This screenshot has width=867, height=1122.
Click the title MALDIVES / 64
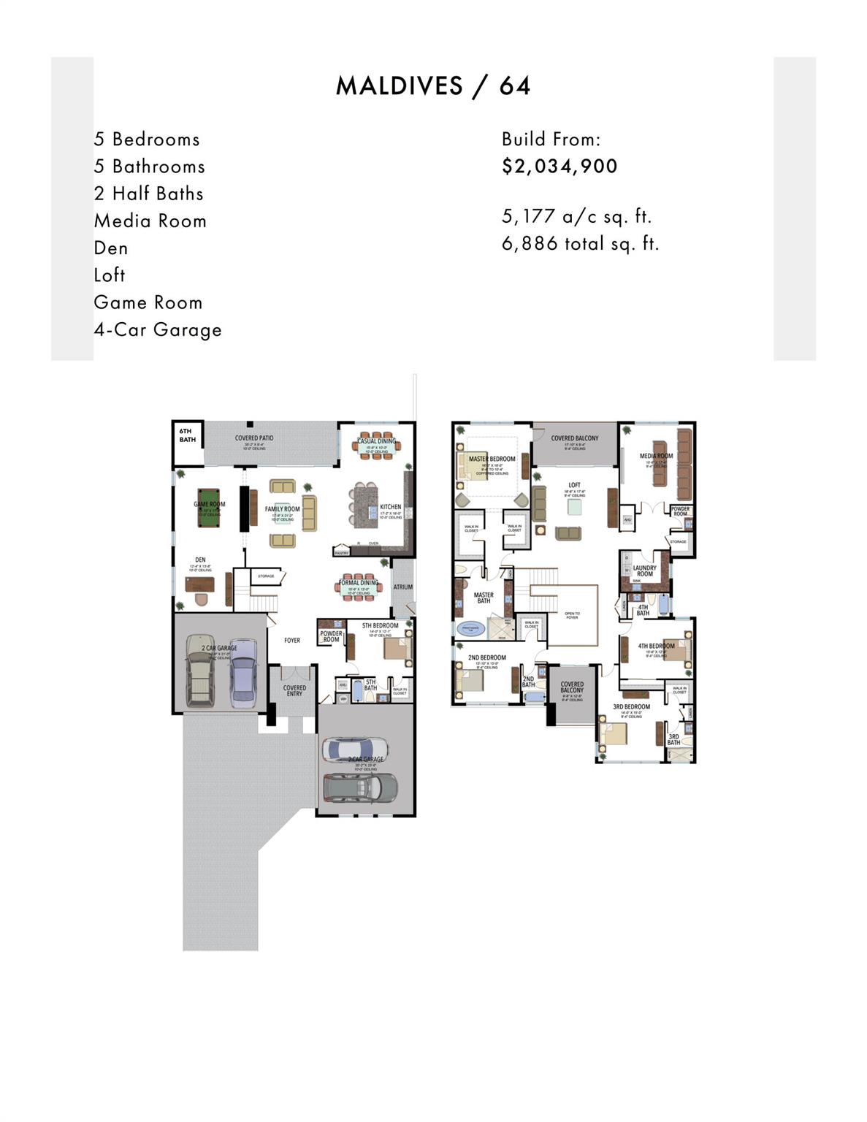(433, 86)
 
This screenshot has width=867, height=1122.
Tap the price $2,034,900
(559, 167)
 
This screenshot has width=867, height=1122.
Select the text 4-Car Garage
(158, 330)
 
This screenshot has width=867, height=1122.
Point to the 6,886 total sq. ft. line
(580, 244)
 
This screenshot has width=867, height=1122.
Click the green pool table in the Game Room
(210, 510)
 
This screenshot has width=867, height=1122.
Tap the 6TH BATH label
(187, 435)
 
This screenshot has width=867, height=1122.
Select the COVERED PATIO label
(254, 438)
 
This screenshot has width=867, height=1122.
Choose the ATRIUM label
(403, 587)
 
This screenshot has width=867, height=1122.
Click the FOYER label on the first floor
(292, 641)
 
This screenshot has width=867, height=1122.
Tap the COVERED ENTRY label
(294, 690)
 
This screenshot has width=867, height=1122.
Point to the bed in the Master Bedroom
(472, 466)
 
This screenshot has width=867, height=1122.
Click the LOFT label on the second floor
(575, 485)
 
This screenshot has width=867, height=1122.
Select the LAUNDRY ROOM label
(644, 570)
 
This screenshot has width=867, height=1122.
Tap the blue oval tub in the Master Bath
(470, 627)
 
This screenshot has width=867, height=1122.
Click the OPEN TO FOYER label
(572, 616)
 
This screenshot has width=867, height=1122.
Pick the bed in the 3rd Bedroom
(614, 731)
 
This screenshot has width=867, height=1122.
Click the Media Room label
(656, 456)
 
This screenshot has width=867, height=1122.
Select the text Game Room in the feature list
(148, 303)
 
